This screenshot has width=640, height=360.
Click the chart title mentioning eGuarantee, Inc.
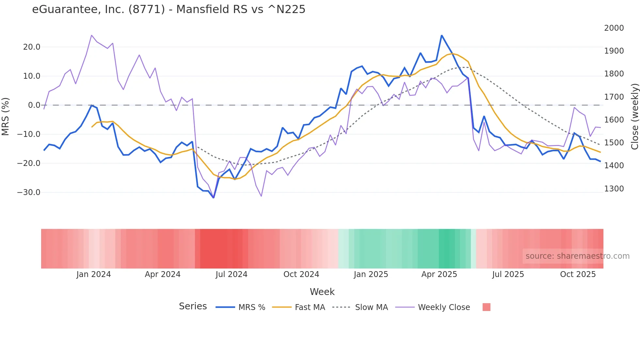[x=168, y=9]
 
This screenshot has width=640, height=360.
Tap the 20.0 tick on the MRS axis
[x=32, y=47]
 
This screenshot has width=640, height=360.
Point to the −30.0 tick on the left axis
[x=29, y=192]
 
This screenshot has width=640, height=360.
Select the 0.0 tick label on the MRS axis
[x=34, y=105]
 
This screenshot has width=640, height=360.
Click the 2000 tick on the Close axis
[x=614, y=28]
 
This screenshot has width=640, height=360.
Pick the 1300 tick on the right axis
[x=614, y=189]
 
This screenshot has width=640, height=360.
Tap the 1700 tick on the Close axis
[x=614, y=97]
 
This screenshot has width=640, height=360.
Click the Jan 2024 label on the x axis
[x=94, y=274]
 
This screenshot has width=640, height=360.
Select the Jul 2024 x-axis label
[x=232, y=274]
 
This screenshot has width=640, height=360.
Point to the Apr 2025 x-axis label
[x=439, y=274]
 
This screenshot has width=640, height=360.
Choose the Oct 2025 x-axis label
[x=578, y=274]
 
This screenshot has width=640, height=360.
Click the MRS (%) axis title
[x=6, y=116]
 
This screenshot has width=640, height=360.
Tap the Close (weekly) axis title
[x=634, y=116]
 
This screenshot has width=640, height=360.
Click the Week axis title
[x=322, y=292]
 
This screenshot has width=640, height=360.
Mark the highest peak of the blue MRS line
[x=441, y=35]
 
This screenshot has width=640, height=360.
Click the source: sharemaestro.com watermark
[x=577, y=256]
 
